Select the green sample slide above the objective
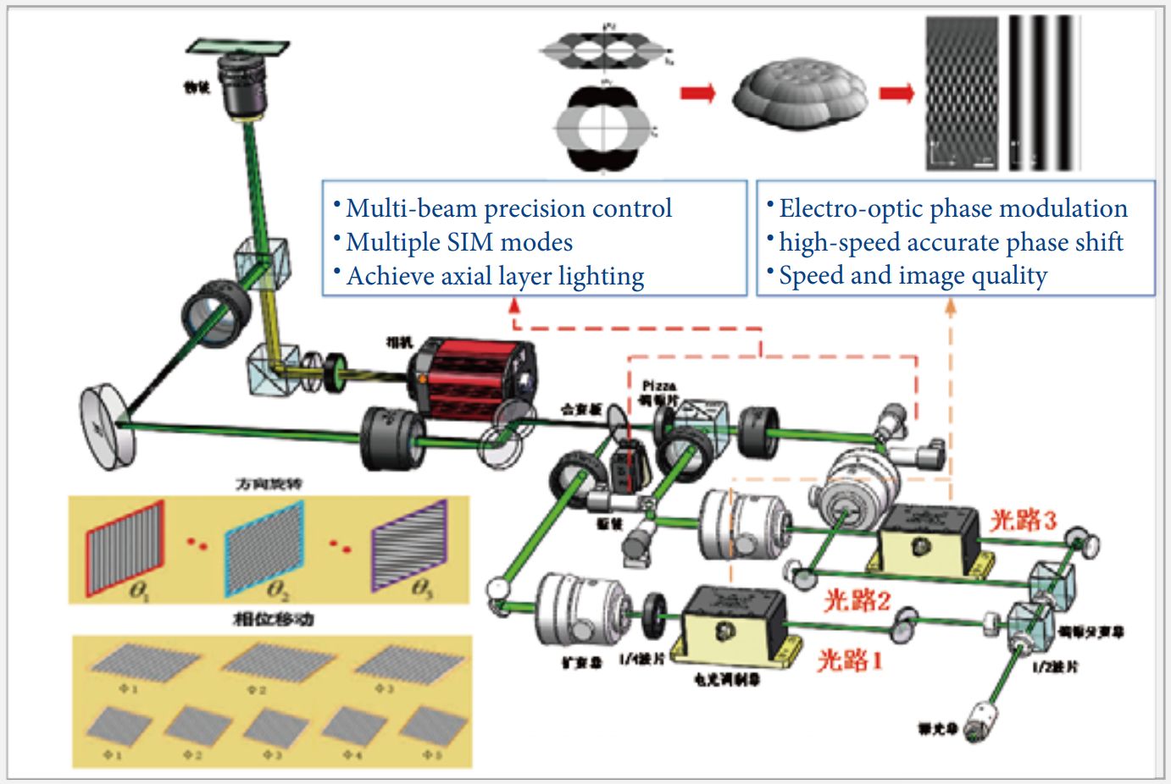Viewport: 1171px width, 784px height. click(237, 47)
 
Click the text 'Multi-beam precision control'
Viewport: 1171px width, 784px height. click(508, 208)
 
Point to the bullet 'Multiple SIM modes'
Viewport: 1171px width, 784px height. click(458, 242)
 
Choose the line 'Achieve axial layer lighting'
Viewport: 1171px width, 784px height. click(495, 276)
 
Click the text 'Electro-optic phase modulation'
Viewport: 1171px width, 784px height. click(952, 208)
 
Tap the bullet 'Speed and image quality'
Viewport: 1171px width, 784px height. click(913, 275)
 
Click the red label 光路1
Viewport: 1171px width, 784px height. click(849, 660)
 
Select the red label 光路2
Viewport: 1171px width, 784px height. click(857, 600)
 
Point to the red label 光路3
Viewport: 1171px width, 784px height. click(1024, 520)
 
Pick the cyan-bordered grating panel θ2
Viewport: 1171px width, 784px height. click(264, 548)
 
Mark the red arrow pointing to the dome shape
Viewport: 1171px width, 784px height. click(697, 92)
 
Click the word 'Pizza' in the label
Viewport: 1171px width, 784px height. click(658, 386)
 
